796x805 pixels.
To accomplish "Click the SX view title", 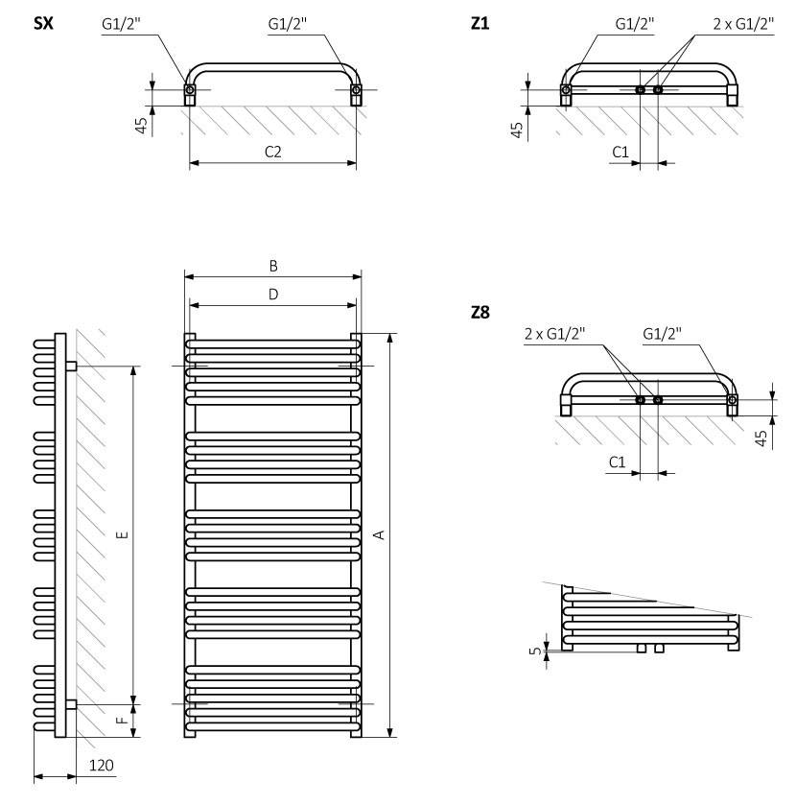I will click(42, 24).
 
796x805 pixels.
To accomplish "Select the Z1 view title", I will click(480, 24).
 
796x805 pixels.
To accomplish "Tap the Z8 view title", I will click(480, 312).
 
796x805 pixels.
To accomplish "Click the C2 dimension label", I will click(273, 153).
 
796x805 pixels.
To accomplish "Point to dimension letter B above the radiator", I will click(273, 266).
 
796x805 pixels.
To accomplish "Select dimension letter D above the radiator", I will click(273, 295).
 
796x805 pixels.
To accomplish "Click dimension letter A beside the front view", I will click(379, 534).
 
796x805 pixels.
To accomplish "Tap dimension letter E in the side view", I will click(121, 534).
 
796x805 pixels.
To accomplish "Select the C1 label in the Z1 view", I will click(620, 152).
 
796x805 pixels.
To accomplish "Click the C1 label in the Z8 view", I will click(620, 462).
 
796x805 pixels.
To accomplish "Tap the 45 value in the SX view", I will click(141, 126).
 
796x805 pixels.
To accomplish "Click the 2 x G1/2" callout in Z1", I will click(743, 24).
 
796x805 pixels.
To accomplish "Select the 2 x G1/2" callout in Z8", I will click(555, 334).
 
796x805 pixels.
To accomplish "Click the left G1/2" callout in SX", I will click(121, 24).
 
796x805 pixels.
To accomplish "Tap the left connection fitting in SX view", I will click(190, 91).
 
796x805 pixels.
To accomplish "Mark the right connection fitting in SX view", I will click(357, 91).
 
